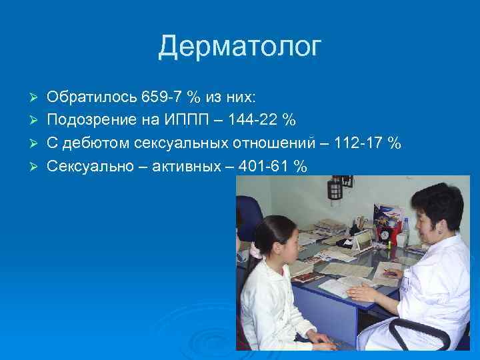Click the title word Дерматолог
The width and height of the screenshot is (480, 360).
point(240,47)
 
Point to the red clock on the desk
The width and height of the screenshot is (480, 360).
point(385,234)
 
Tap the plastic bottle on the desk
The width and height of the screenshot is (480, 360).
point(404,231)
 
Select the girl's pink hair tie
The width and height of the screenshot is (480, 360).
point(255,251)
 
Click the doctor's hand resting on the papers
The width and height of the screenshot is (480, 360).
point(363,292)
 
